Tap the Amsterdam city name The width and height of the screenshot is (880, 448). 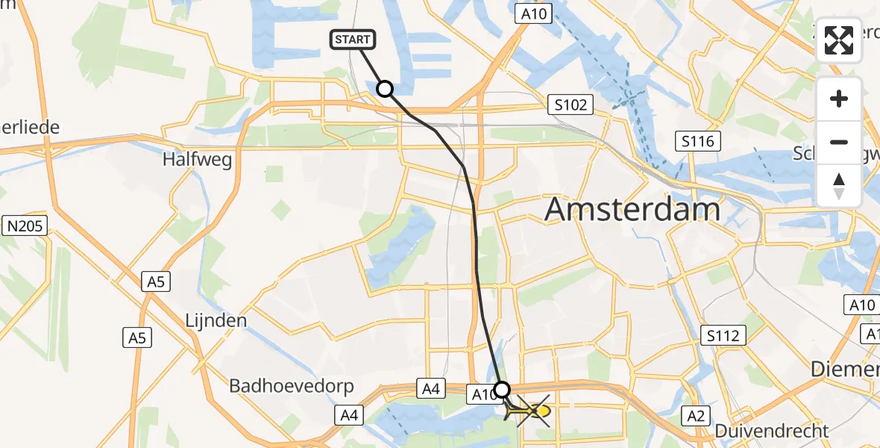[632, 209]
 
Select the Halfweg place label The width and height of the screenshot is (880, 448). [197, 159]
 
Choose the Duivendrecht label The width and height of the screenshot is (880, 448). [771, 431]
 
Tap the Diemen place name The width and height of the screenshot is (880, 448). [846, 370]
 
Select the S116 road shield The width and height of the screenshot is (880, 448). [698, 140]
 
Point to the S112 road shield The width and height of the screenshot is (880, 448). [723, 335]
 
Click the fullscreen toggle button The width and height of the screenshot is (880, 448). [839, 40]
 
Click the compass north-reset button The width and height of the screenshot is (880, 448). [839, 185]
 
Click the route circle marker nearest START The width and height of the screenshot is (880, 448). [385, 89]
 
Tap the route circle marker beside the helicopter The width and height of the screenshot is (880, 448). [503, 389]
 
